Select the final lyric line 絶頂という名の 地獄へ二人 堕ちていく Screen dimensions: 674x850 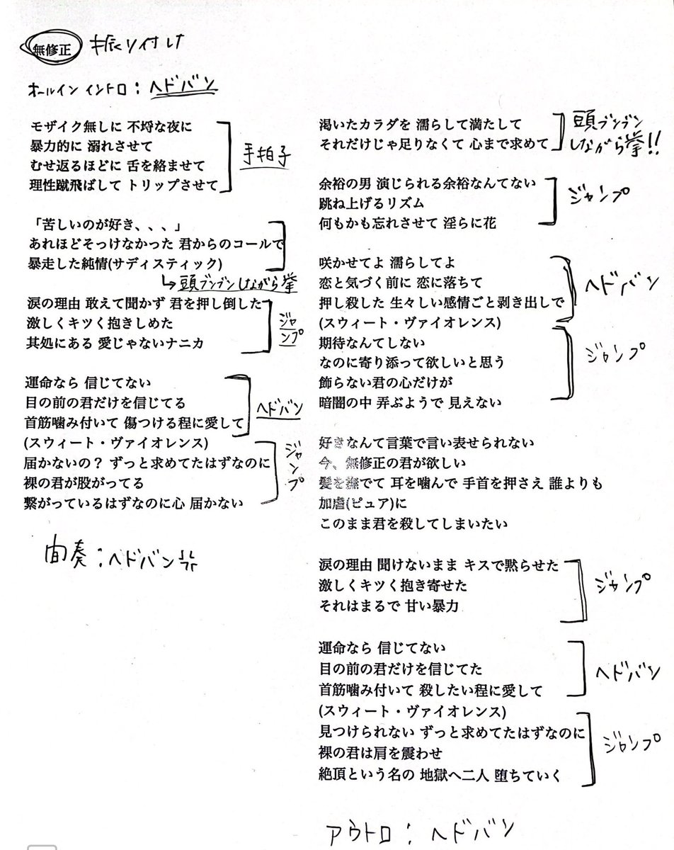coord(440,776)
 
